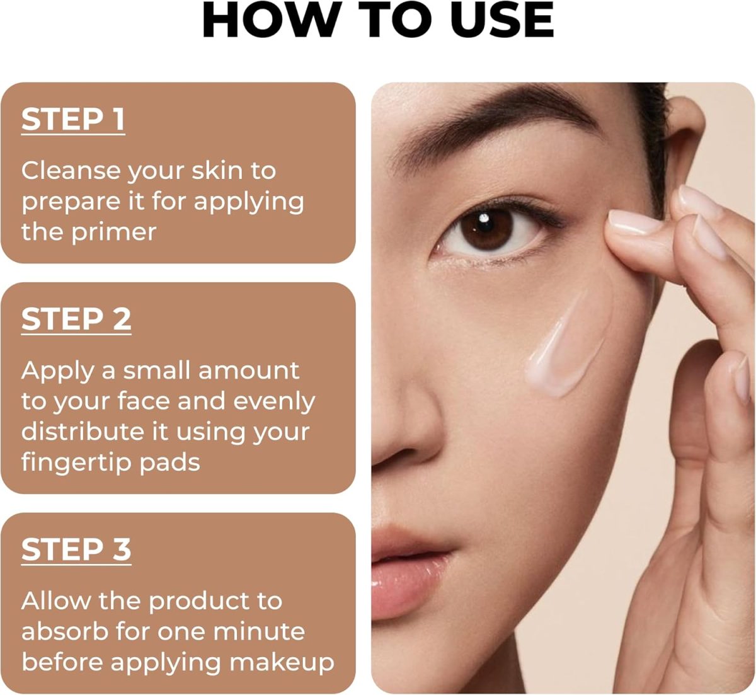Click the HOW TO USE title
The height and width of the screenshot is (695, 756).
click(x=377, y=20)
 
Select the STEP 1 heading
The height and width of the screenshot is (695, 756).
click(x=73, y=120)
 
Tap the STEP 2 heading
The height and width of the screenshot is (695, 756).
click(x=76, y=319)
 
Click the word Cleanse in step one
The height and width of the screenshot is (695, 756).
click(x=71, y=171)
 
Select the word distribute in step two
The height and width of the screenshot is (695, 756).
click(x=83, y=431)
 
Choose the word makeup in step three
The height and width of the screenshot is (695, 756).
click(x=282, y=663)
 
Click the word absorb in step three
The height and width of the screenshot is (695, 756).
click(x=65, y=631)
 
